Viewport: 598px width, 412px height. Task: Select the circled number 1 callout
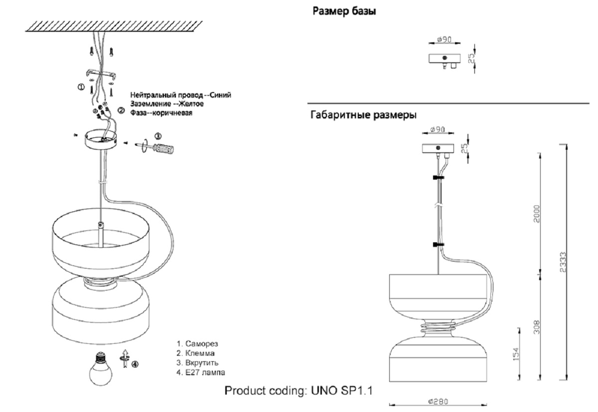click(81, 87)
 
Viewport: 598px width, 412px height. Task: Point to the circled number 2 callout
click(120, 110)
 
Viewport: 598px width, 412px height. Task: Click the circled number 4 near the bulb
click(135, 364)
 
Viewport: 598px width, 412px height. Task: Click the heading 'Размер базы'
click(344, 11)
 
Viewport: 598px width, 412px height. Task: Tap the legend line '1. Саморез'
click(197, 344)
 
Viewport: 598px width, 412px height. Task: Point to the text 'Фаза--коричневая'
click(161, 113)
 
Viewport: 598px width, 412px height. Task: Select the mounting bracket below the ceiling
click(103, 74)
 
